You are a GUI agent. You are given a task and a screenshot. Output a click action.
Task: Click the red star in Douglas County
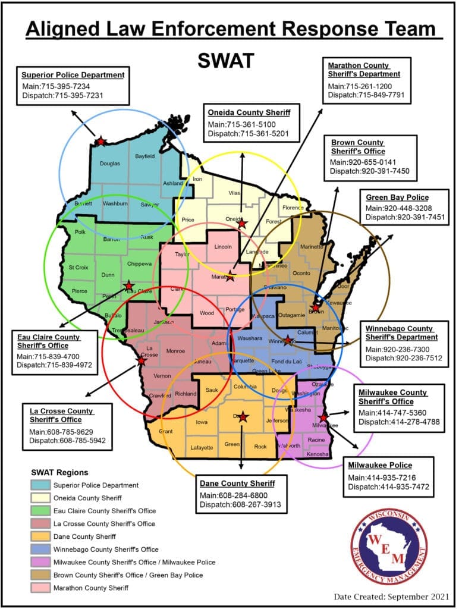pos(100,141)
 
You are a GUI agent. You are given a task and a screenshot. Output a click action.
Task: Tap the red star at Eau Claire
pos(128,286)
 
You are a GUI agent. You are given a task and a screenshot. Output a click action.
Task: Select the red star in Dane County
pos(243,416)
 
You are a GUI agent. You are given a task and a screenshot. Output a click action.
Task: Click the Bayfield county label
pos(144,156)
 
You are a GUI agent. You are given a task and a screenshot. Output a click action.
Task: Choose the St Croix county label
pos(79,268)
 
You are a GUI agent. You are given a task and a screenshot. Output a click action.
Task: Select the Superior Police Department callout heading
pos(73,75)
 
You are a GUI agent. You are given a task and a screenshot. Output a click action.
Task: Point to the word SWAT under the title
pos(226,59)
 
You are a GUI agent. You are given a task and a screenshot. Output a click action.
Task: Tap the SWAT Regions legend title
pos(59,472)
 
